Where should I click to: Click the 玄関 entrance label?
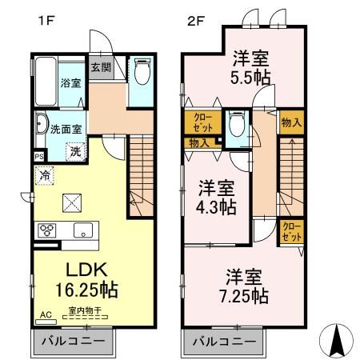click(x=100, y=67)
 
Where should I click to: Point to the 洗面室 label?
click(x=62, y=126)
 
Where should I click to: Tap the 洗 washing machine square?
click(x=74, y=149)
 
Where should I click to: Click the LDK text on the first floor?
click(x=76, y=270)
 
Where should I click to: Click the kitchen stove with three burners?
click(x=46, y=230)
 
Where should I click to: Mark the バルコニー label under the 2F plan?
click(x=226, y=342)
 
